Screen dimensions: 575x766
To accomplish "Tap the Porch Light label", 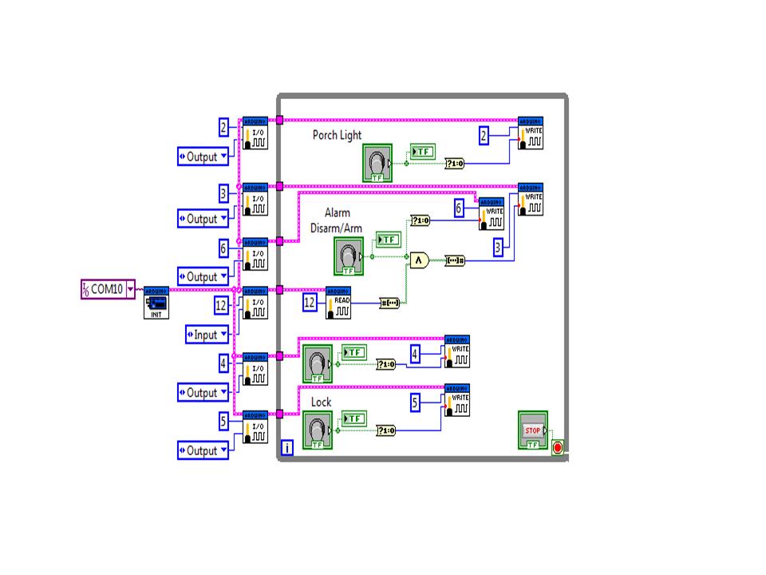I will [337, 136].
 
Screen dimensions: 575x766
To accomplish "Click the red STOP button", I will [532, 430].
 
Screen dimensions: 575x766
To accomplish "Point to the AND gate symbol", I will [418, 260].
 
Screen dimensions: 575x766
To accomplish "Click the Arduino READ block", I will [338, 303].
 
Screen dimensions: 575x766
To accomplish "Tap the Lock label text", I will [321, 402].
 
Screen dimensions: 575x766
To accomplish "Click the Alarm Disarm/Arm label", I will [337, 220].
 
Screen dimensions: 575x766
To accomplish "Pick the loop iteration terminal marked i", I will [287, 448].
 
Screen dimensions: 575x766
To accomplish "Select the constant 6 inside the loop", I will [459, 208].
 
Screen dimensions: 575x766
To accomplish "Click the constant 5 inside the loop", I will [415, 403].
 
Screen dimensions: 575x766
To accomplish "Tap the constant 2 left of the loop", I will [224, 126].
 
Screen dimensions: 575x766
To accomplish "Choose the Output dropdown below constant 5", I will [203, 450].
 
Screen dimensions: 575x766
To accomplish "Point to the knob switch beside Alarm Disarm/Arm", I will [349, 256].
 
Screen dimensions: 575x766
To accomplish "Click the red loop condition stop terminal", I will [558, 447].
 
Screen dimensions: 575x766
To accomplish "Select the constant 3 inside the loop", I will [499, 248].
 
